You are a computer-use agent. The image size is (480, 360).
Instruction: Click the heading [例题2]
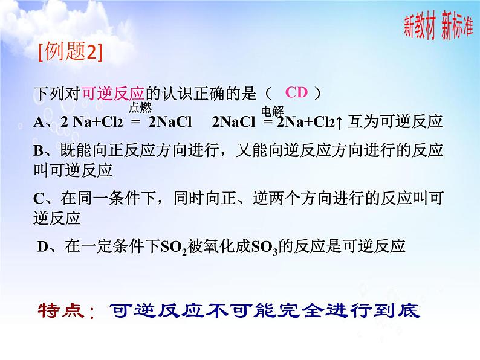click(x=70, y=53)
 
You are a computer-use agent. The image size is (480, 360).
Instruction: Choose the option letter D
click(x=42, y=246)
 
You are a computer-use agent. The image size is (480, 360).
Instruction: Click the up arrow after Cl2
click(x=339, y=123)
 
